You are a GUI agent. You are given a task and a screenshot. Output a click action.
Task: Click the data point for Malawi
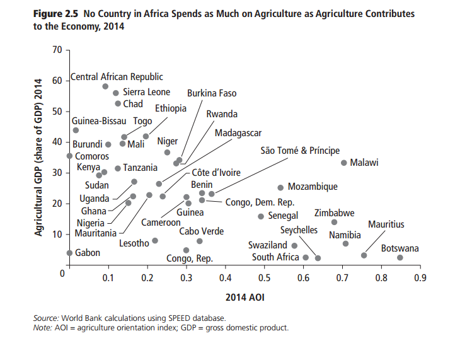tap(344, 163)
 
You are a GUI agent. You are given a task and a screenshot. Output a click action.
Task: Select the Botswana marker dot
tap(400, 257)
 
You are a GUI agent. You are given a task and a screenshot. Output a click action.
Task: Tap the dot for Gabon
tap(69, 253)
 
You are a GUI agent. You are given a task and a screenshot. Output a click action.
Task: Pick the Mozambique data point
tap(281, 187)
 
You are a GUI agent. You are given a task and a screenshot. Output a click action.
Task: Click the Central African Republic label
tap(117, 77)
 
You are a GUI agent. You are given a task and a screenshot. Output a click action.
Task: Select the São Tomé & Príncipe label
tap(300, 151)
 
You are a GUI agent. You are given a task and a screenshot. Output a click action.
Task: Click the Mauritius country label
tap(386, 224)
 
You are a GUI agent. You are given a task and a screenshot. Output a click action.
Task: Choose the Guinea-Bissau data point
tap(76, 131)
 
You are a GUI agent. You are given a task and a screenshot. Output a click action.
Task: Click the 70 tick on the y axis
tap(57, 50)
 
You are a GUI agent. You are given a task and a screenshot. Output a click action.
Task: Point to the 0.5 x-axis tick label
tap(264, 277)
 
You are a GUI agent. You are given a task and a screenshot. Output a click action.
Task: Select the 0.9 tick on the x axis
tap(420, 277)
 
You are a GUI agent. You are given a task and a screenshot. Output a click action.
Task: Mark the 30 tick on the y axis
tap(57, 173)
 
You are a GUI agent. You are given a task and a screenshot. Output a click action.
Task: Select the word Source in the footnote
tap(46, 318)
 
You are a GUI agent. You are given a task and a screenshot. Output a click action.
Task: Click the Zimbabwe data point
tap(334, 222)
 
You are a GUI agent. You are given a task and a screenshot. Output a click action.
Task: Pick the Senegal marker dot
tap(261, 216)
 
